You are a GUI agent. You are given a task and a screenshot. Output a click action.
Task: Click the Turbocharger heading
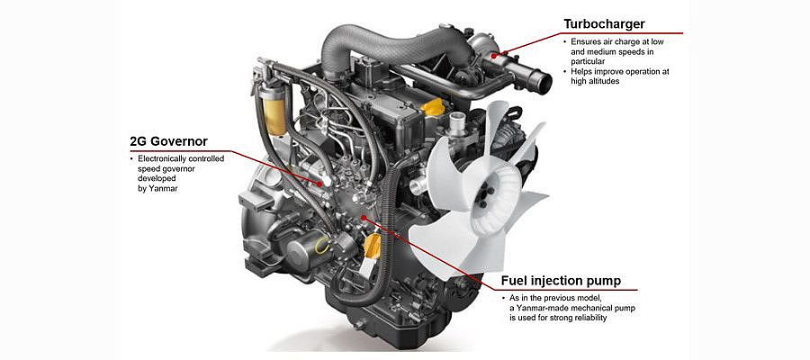pyautogui.click(x=604, y=23)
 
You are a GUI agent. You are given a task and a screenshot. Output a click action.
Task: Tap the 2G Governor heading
pyautogui.click(x=169, y=141)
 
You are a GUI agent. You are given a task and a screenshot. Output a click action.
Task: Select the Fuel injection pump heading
pyautogui.click(x=561, y=282)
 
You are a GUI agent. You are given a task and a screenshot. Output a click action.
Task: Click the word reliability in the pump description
pyautogui.click(x=589, y=318)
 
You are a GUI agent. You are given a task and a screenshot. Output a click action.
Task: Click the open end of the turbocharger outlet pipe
pyautogui.click(x=544, y=82)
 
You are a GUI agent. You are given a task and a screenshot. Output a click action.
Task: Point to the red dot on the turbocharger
pyautogui.click(x=495, y=55)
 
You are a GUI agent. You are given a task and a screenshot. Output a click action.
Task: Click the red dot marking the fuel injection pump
pyautogui.click(x=364, y=218)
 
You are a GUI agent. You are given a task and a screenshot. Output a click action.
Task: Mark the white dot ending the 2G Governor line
pyautogui.click(x=326, y=183)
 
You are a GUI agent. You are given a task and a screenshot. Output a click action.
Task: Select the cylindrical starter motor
pyautogui.click(x=305, y=249)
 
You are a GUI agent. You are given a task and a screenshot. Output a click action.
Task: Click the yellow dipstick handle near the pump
pyautogui.click(x=372, y=245)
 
